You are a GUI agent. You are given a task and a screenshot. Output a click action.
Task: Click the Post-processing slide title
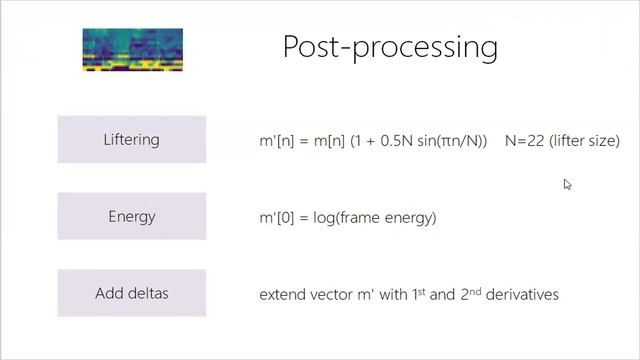(389, 47)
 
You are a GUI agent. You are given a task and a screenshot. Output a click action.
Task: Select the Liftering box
(132, 139)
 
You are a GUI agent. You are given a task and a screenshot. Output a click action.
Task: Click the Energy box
(132, 216)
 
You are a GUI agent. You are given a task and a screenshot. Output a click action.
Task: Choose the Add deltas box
(132, 293)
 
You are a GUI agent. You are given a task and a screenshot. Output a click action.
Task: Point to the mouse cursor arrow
(567, 184)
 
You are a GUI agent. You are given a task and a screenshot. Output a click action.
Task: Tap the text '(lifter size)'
(584, 141)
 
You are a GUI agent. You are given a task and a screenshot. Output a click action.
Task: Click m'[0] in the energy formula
(277, 217)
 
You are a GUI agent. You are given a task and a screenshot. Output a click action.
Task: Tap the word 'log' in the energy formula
(325, 217)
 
